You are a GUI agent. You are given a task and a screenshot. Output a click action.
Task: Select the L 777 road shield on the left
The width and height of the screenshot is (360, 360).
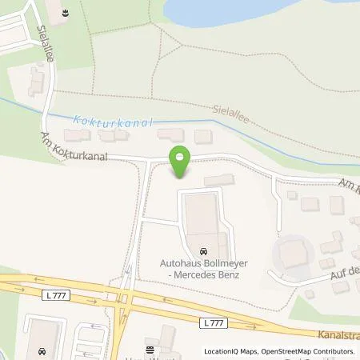click(52, 296)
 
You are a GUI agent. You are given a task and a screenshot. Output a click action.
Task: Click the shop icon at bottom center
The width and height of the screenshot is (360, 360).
click(150, 350)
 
